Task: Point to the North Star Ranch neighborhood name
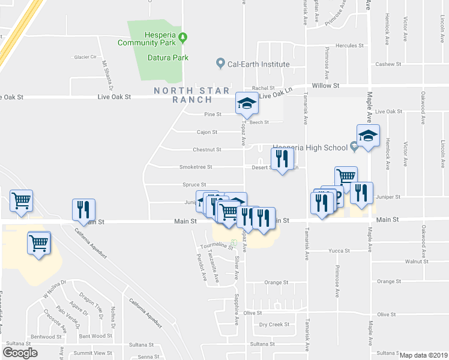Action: [192, 95]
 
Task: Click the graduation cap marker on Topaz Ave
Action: [246, 104]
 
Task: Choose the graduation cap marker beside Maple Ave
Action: [368, 137]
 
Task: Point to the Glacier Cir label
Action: [85, 57]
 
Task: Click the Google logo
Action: [20, 353]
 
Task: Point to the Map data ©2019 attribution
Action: [423, 355]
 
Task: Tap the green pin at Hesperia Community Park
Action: [185, 38]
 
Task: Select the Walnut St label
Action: [416, 262]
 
